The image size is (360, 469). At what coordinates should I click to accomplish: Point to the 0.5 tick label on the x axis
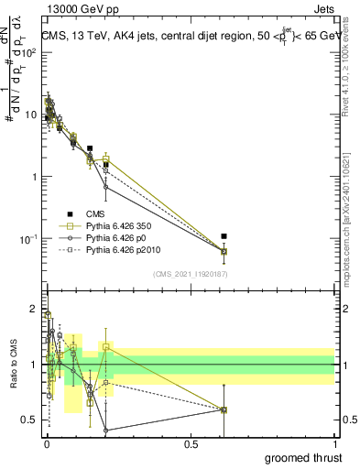pyautogui.click(x=191, y=443)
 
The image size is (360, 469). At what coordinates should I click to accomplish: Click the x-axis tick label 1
pyautogui.click(x=335, y=443)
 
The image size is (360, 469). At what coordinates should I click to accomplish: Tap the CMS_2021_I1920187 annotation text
pyautogui.click(x=191, y=274)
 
